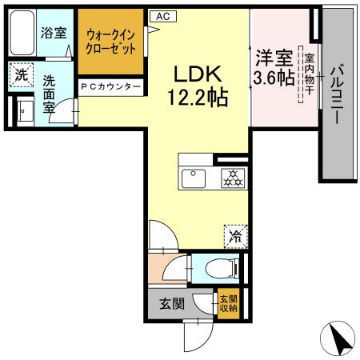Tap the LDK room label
[x=199, y=74]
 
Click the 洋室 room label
[x=274, y=58]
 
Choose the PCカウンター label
[x=111, y=86]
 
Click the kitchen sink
[x=194, y=178]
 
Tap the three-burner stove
[x=231, y=178]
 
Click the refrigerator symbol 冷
[x=234, y=235]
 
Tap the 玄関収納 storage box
[x=227, y=303]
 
